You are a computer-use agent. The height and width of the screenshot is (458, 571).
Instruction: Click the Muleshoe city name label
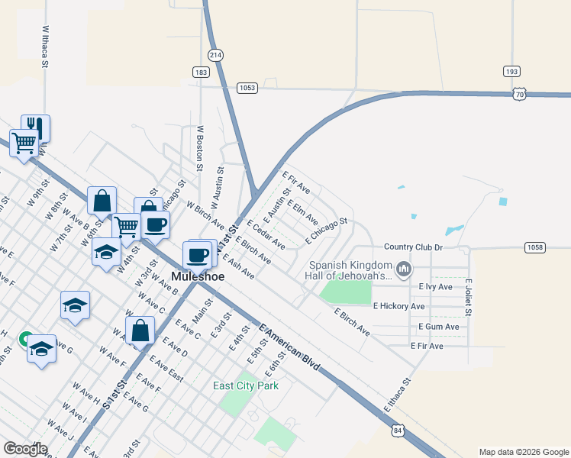coord(198,276)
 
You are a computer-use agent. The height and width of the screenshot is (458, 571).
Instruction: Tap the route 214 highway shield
coord(215,55)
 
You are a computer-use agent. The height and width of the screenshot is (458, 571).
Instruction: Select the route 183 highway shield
coord(201,72)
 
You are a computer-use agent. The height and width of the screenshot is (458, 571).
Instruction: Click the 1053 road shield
coord(246,88)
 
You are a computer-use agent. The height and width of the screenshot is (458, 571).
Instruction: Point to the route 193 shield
coord(511,72)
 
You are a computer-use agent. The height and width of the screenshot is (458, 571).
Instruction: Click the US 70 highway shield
coord(519,94)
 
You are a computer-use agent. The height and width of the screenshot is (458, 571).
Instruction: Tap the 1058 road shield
coord(534,247)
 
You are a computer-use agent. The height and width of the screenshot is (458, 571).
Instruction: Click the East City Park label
coord(245,385)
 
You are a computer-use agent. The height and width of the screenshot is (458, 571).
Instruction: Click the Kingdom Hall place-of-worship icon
coord(405,269)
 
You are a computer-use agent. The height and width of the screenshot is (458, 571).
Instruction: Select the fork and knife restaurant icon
coord(35,126)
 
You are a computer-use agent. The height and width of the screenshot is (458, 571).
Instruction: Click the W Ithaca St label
coord(45,47)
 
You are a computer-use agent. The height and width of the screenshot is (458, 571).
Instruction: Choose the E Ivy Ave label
coord(436,287)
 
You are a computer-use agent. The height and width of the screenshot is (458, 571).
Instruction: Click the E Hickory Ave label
coord(398,306)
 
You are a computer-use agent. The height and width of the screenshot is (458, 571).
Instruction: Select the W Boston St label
coord(200,148)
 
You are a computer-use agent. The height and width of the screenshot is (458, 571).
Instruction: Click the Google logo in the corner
coord(25,449)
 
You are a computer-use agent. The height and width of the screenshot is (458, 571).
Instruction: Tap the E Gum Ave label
coord(439,327)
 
